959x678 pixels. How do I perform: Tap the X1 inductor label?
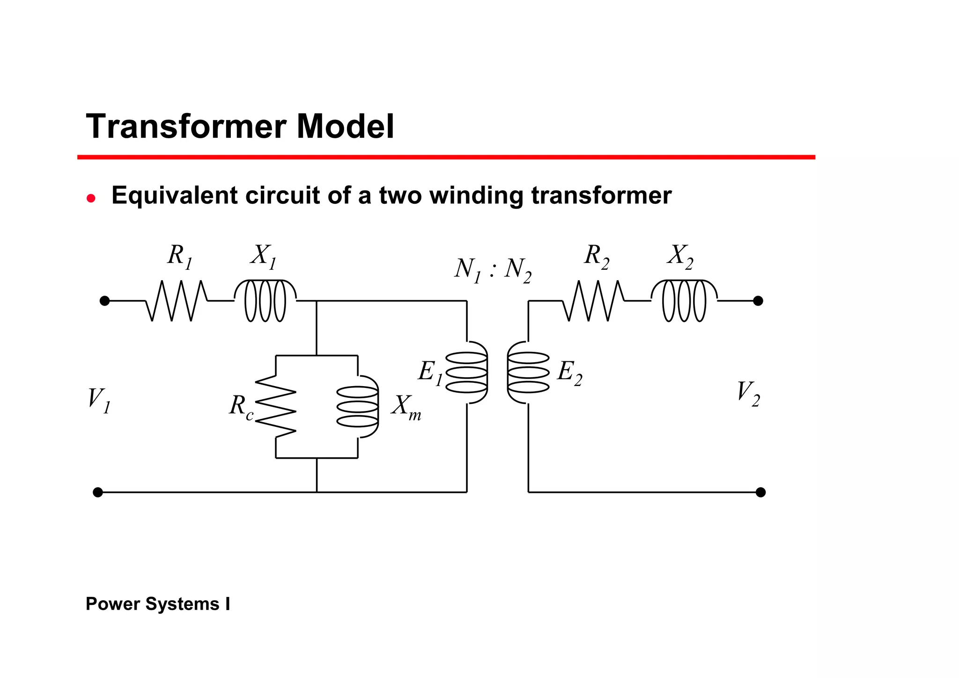point(263,257)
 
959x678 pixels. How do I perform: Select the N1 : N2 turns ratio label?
point(493,270)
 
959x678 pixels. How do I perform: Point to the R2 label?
point(597,257)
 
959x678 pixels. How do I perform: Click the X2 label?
point(680,257)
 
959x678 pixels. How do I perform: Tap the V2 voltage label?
point(748,394)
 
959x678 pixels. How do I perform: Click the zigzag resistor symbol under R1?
point(176,301)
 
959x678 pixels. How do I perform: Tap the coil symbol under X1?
point(265,301)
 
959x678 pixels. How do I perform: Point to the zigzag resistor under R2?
point(593,301)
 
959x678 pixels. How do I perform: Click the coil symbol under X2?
point(684,301)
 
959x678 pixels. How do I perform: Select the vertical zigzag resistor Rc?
point(276,407)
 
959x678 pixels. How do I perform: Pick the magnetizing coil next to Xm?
point(358,407)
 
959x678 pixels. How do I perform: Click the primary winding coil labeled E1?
point(467,373)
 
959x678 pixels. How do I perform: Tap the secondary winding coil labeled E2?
point(528,373)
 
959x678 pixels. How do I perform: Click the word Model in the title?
point(345,127)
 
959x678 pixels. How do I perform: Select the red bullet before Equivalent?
point(91,198)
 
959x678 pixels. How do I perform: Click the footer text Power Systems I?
point(158,604)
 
